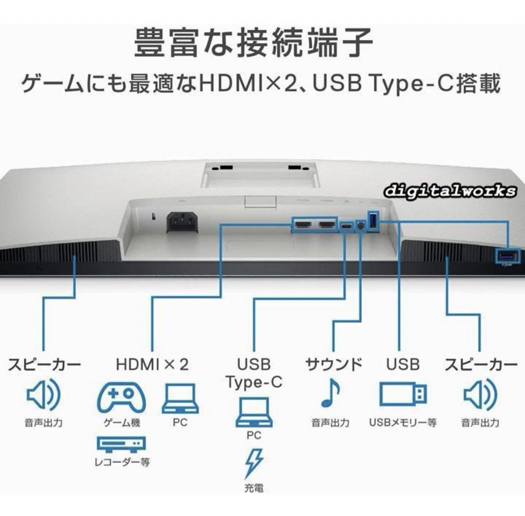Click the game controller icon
[x=121, y=397]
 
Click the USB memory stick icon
[x=403, y=394]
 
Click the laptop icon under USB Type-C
[x=254, y=412]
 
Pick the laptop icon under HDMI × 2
[x=180, y=399]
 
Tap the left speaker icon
[x=43, y=394]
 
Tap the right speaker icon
[x=480, y=394]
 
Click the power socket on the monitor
[x=182, y=222]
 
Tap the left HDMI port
[x=303, y=225]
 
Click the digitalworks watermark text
[x=450, y=191]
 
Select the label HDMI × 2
[x=152, y=365]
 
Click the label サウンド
[x=334, y=365]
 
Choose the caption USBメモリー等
[x=403, y=423]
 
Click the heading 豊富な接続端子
[x=253, y=42]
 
